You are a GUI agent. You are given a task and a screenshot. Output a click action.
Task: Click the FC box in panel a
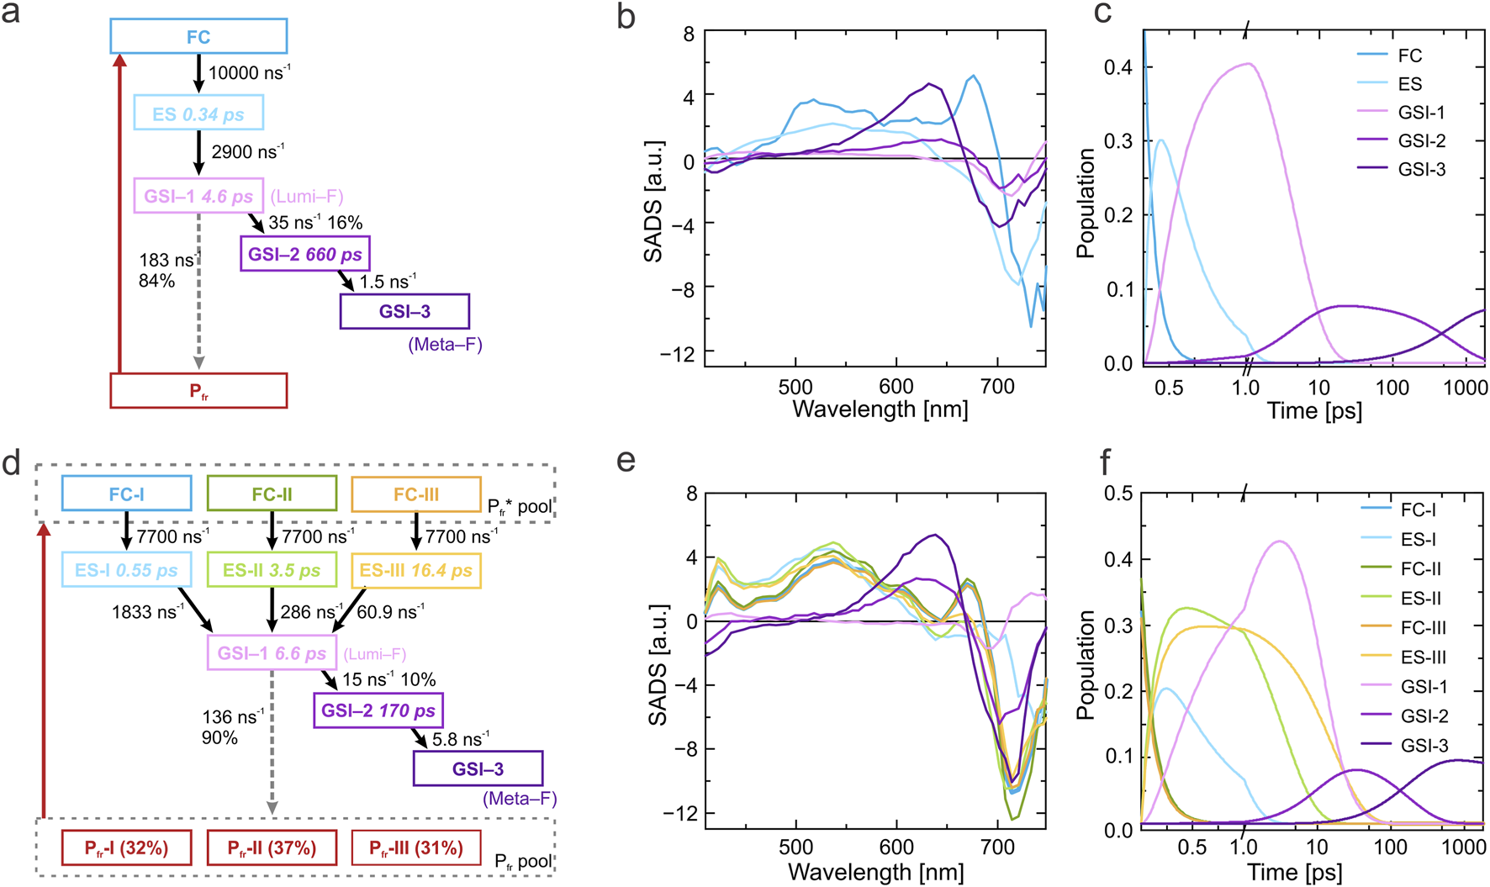coord(198,36)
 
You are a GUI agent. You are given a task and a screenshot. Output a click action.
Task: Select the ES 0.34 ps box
coord(198,113)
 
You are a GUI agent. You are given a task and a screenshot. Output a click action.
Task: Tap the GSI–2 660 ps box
coord(304,253)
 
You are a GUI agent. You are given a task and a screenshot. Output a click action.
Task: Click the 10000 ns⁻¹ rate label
coord(249,73)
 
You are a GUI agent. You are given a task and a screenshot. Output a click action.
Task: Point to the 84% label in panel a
coord(157,281)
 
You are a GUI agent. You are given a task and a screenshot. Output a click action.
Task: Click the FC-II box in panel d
coord(272,494)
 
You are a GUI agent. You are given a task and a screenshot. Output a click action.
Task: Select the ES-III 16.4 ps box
coord(415,570)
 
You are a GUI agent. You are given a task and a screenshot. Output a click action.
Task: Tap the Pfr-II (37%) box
coord(272,847)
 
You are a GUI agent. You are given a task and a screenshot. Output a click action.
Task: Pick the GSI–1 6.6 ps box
coord(272,652)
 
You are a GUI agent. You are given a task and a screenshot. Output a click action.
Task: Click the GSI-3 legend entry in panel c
coord(1421,169)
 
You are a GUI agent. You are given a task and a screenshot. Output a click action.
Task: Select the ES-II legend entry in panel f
coord(1421,598)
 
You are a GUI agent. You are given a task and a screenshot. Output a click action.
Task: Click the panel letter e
coord(626,461)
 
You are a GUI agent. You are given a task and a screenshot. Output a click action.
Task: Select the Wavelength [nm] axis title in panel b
coord(880,409)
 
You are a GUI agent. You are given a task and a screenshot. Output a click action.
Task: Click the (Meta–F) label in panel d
coord(520,799)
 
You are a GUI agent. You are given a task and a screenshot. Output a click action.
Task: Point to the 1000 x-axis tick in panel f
coord(1464,847)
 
